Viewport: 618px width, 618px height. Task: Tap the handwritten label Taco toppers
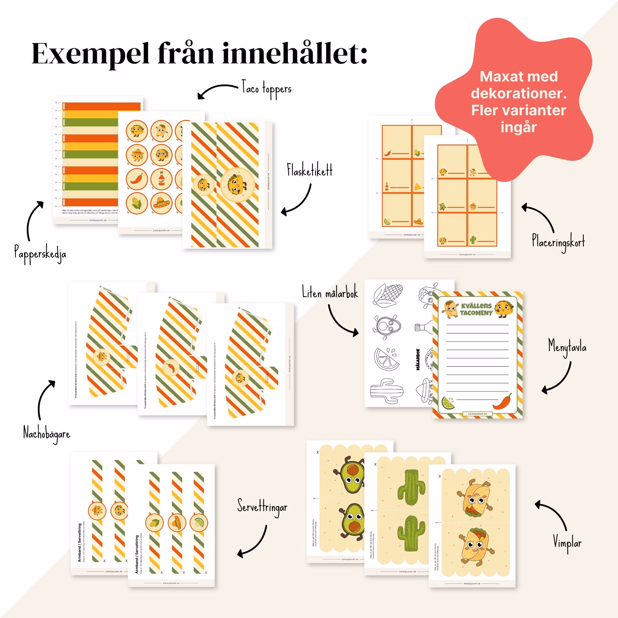(266, 89)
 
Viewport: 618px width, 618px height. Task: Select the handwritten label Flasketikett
(309, 170)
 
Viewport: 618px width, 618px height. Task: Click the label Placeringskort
(558, 242)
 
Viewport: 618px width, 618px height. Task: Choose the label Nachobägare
(47, 434)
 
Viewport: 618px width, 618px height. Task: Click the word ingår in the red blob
(518, 127)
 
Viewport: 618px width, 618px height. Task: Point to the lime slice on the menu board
(448, 403)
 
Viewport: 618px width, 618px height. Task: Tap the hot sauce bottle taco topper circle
(161, 179)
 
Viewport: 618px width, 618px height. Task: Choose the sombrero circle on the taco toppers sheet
(161, 203)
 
